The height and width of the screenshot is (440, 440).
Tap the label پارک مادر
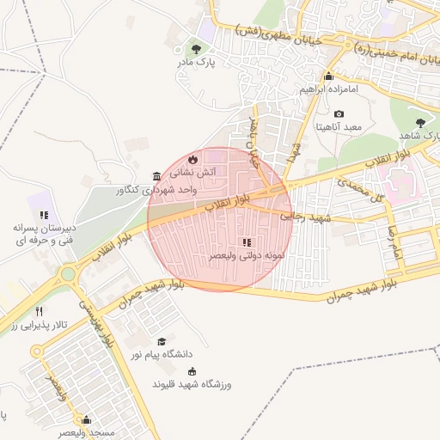[x=197, y=63]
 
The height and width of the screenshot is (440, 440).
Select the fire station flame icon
[x=192, y=159]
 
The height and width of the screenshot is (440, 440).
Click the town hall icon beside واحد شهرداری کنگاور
[x=156, y=176]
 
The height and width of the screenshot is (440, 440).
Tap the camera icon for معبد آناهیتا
[x=339, y=114]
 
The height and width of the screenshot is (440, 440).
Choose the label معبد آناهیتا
[x=339, y=127]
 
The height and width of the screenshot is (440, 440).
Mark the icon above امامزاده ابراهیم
[x=328, y=76]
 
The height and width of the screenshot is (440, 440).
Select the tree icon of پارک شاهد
[x=419, y=122]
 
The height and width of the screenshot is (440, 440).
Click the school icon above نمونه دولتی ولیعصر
[x=247, y=242]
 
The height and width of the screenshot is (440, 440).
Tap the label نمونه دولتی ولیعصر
[x=242, y=256]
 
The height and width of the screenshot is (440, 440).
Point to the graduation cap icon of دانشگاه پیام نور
[x=161, y=341]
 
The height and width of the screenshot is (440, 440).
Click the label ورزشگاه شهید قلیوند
[x=192, y=383]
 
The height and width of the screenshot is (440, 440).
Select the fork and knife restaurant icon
[x=39, y=312]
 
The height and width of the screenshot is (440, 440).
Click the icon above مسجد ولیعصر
[x=86, y=420]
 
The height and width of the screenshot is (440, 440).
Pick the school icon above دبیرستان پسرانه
[x=44, y=215]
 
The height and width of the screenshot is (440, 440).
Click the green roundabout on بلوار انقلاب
[x=67, y=275]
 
